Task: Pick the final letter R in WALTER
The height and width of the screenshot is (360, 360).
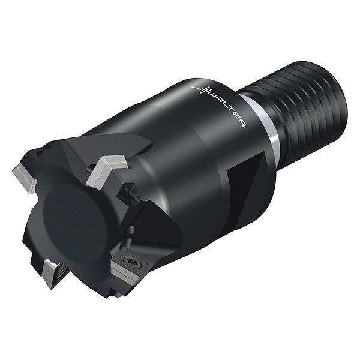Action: tap(242, 123)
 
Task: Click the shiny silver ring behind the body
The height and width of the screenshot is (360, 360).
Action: tap(264, 122)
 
